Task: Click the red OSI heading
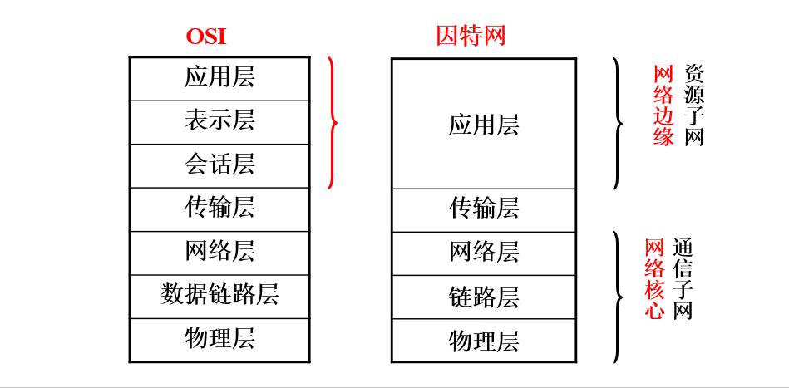click(x=206, y=37)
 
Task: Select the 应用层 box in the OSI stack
click(x=219, y=78)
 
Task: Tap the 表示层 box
click(x=219, y=121)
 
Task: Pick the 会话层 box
click(x=219, y=165)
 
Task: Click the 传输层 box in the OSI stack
click(x=219, y=209)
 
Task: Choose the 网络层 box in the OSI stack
click(x=219, y=252)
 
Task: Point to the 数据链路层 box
click(x=219, y=295)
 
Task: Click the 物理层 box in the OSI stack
click(x=219, y=339)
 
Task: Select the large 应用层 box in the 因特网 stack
click(x=483, y=124)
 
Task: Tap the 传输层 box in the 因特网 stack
click(x=483, y=209)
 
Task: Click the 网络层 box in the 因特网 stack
click(x=483, y=253)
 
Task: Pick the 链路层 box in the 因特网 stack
click(x=483, y=297)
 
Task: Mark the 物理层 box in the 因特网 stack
click(x=483, y=341)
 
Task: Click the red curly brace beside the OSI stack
click(x=333, y=123)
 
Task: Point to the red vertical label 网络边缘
click(x=663, y=106)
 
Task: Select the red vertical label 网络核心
click(x=655, y=280)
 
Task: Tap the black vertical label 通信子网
click(x=683, y=280)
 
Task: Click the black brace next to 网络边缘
click(x=617, y=124)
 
